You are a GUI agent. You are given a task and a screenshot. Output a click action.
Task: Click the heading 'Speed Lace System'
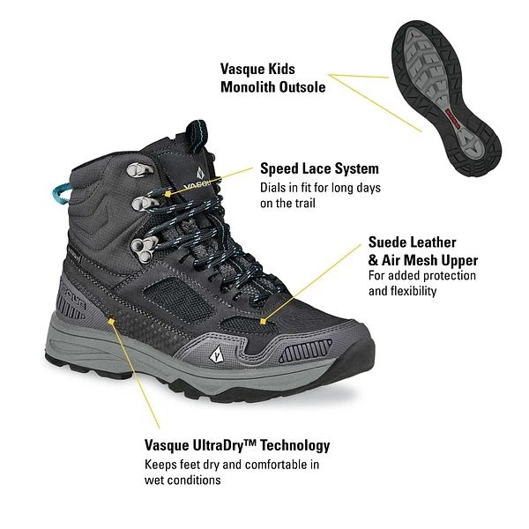(319, 168)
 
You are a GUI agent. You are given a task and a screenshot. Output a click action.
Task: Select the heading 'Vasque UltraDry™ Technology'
(237, 446)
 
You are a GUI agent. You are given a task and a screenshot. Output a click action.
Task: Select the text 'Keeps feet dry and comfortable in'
(231, 465)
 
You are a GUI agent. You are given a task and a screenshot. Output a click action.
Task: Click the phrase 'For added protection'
(421, 276)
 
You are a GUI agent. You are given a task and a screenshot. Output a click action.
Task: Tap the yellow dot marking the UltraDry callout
(111, 323)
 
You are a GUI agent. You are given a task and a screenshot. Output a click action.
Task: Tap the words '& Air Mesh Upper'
(422, 260)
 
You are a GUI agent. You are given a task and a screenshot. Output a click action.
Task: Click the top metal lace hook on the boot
(140, 170)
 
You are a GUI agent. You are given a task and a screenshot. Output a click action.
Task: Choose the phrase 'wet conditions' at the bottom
(182, 481)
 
